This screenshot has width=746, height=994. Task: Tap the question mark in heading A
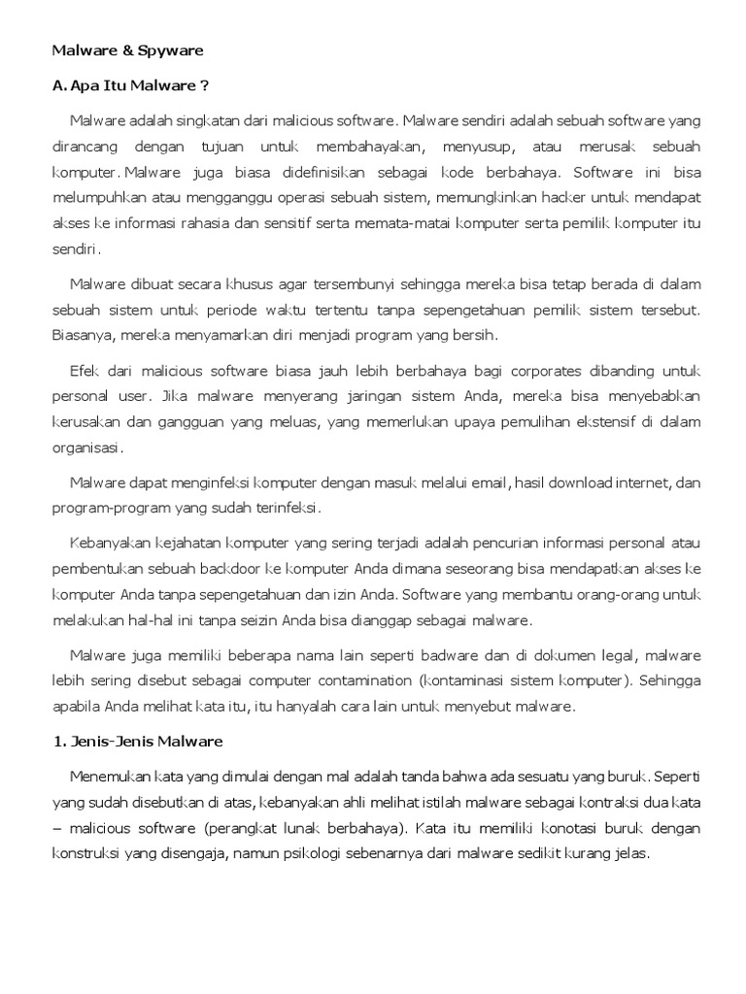tap(204, 84)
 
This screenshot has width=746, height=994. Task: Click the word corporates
tap(526, 372)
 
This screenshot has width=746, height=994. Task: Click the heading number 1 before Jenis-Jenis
tap(56, 742)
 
